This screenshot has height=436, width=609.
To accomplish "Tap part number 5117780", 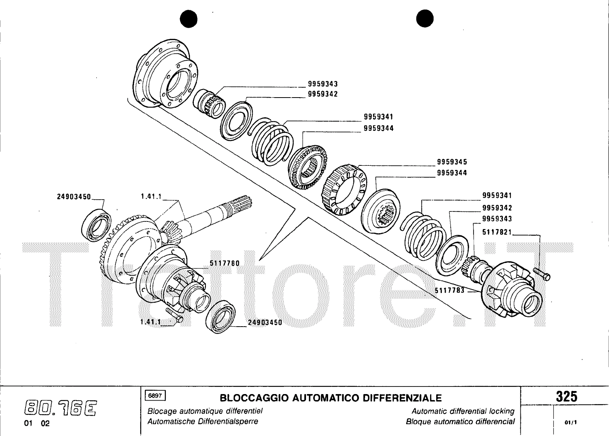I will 225,263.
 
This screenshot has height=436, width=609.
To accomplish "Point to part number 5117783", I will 450,291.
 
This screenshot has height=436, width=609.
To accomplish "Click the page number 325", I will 567,397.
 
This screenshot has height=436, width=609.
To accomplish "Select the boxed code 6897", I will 155,396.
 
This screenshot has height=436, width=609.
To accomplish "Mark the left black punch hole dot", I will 190,19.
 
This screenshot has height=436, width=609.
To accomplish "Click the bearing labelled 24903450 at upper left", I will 97,224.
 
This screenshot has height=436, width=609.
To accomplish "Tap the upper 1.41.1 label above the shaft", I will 151,197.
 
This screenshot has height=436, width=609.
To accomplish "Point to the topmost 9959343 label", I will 323,84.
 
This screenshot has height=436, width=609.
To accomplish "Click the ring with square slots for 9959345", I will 343,190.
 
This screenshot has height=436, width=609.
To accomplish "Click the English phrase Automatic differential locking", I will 463,412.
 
